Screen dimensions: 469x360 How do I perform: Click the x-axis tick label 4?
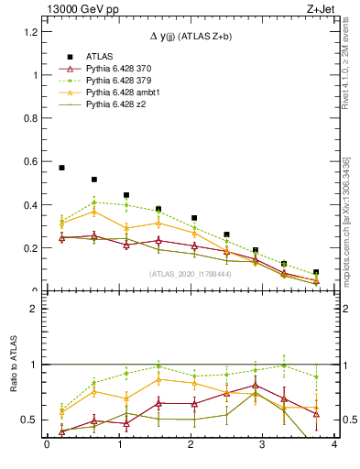coord(334,445)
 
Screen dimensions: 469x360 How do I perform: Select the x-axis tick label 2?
coord(191,445)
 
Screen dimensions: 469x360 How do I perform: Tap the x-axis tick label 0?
coord(47,445)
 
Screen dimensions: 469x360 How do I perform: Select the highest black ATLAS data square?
coord(61,168)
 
